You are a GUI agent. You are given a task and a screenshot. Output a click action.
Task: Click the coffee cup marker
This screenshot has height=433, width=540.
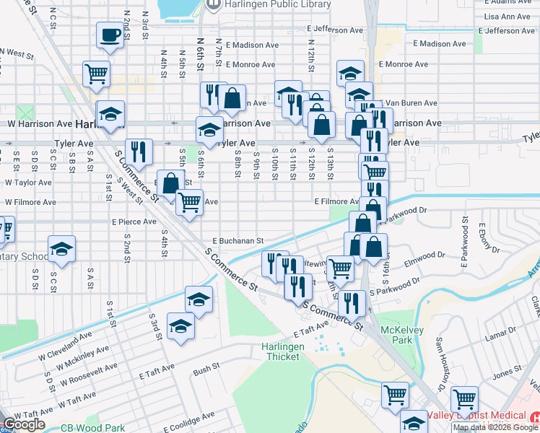tap(110, 35)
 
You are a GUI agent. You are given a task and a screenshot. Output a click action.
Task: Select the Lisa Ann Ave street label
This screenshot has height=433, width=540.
tap(508, 17)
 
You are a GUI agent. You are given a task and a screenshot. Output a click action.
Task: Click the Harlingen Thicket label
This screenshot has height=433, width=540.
tap(283, 351)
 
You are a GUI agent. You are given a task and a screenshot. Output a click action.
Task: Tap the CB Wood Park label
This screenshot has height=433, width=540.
tap(92, 428)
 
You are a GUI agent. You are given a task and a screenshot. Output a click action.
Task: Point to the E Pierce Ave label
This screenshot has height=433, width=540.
tap(134, 222)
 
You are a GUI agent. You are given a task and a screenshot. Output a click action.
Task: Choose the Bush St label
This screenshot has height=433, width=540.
tap(206, 369)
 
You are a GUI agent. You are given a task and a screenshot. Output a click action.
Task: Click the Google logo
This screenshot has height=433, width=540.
tap(25, 424)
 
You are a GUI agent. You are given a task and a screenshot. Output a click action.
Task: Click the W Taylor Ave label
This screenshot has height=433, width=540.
tap(28, 183)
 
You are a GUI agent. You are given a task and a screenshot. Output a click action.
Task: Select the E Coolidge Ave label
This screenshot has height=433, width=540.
tap(188, 420)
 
